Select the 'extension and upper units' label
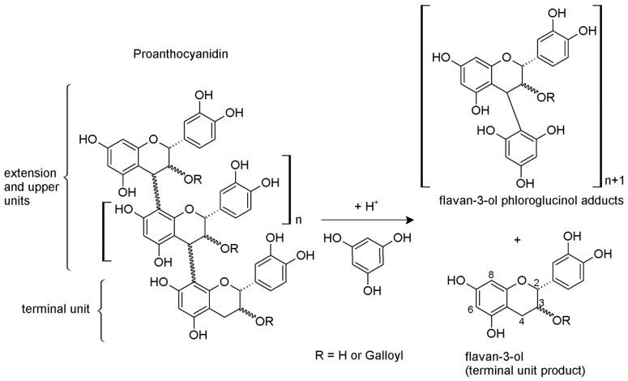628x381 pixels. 31,186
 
